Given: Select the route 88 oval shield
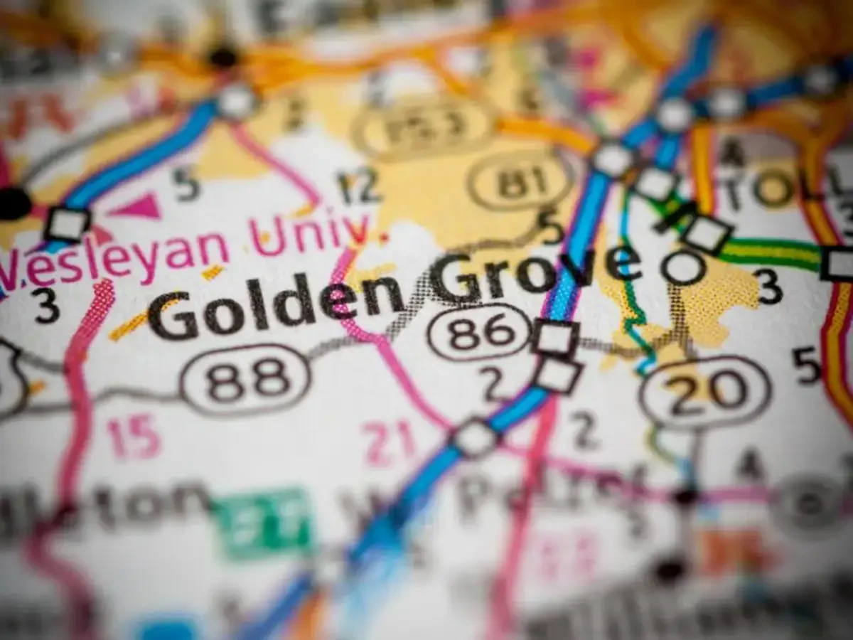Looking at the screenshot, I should tap(245, 380).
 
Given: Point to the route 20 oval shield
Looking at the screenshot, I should tap(704, 393).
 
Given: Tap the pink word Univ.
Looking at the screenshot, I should tap(309, 233).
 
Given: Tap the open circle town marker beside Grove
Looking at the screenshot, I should tap(683, 268).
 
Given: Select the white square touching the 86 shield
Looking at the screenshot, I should tap(555, 337).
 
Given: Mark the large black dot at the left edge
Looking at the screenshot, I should tap(14, 204).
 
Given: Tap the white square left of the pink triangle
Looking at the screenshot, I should tap(67, 224).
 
